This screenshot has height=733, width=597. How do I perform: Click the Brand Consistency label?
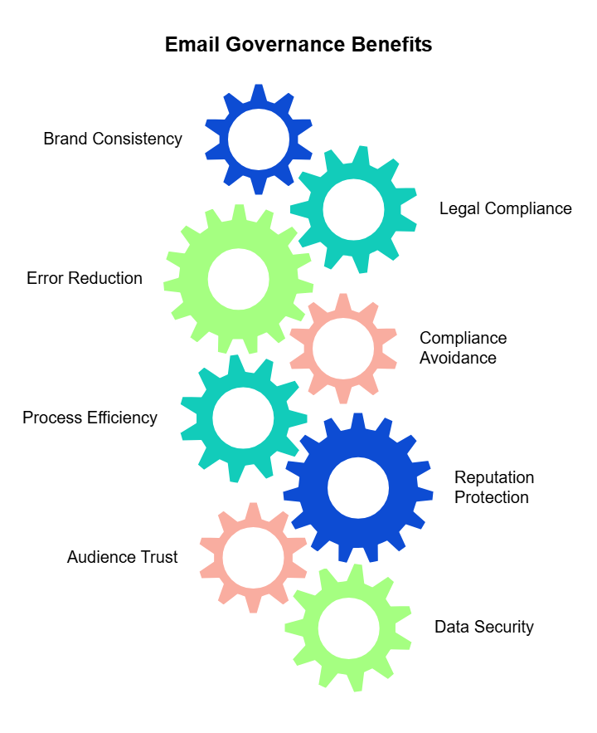click(113, 139)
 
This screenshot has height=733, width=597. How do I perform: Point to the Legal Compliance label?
click(506, 208)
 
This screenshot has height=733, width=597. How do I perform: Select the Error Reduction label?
click(85, 278)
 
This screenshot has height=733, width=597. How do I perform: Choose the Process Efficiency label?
click(90, 418)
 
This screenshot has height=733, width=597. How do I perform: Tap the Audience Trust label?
click(123, 557)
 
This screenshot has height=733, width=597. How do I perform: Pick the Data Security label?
click(484, 627)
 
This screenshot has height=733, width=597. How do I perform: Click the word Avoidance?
click(458, 359)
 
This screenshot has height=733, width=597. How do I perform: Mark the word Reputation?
click(494, 478)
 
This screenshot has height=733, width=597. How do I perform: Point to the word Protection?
click(492, 498)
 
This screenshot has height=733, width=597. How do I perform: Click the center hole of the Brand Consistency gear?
click(259, 139)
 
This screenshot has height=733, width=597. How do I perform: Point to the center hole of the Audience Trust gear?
click(253, 557)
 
